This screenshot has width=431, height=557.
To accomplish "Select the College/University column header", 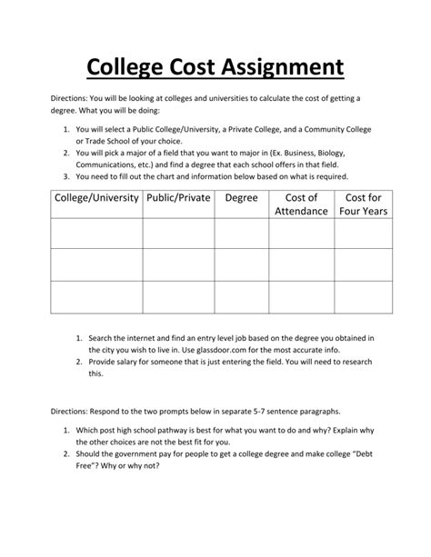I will point(96,197).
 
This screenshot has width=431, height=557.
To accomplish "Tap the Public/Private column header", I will point(177,197).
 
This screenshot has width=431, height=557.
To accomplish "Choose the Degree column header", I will point(241,197).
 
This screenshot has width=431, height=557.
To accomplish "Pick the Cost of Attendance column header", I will point(301,204).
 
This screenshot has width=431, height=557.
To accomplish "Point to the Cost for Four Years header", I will point(363,204).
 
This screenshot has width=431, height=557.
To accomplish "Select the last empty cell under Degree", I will point(241,297).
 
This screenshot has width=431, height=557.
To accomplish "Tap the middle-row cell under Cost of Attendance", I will point(301,265).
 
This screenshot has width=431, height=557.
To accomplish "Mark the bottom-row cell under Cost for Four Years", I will point(363,297).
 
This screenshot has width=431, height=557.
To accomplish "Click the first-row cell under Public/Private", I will point(177,234).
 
